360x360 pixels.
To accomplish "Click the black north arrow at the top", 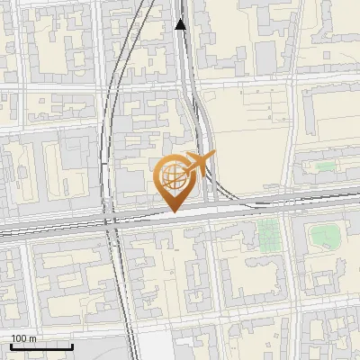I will tap(180, 23).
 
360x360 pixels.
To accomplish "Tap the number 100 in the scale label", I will tap(20, 338).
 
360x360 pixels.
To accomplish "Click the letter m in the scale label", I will tap(32, 338).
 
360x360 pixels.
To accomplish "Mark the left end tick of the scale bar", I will tap(11, 346).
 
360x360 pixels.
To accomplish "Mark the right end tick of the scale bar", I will tap(72, 346).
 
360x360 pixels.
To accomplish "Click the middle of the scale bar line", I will tap(41, 347).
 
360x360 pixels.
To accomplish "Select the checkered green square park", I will tap(268, 236).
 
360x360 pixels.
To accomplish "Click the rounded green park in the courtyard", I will tap(325, 237).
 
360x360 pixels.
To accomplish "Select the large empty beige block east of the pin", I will tap(243, 135).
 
